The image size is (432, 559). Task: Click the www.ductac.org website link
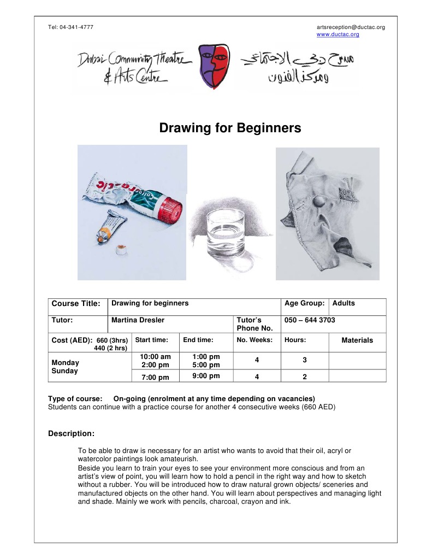click(x=338, y=34)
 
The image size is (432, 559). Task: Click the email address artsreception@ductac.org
click(x=351, y=27)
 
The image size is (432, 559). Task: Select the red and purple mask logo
click(x=214, y=63)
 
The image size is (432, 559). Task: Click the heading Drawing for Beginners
click(x=230, y=128)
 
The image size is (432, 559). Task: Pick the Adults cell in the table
click(x=344, y=303)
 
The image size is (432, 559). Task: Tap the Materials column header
click(x=357, y=340)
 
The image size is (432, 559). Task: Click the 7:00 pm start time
click(x=155, y=377)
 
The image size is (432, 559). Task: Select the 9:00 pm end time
click(x=206, y=376)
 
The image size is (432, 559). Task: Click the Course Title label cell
click(x=75, y=304)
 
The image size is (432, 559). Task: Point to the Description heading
click(x=71, y=434)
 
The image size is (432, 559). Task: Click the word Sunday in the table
click(x=64, y=371)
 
